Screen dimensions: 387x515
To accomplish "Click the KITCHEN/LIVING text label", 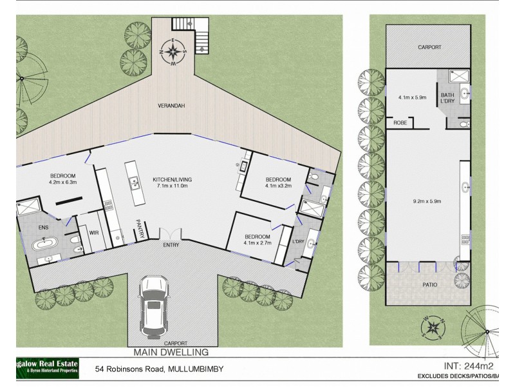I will point(172,179).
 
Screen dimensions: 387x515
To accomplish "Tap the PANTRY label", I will point(138,230).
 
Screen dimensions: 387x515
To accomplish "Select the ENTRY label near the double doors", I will point(172,244).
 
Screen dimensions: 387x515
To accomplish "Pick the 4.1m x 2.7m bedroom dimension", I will point(257,243).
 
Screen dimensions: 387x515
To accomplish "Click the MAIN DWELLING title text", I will point(171,352).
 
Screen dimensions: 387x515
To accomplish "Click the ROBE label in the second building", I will point(399,121).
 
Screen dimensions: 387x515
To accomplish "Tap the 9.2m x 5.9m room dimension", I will point(427,200).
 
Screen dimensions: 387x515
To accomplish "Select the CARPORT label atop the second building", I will point(427,47).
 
